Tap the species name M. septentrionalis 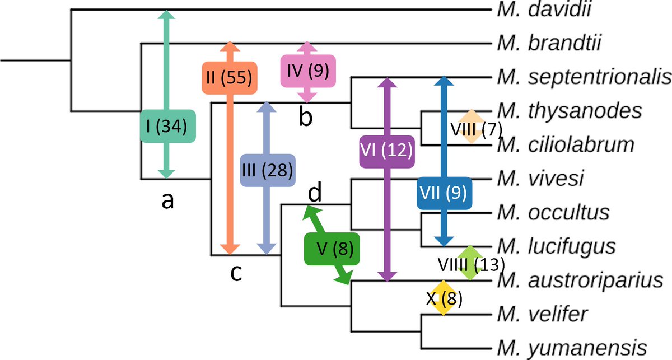coord(583,77)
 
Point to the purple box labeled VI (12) coord(386,150)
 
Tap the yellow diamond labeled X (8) coord(444,298)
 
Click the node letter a coord(166,200)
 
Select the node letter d coord(316,193)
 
